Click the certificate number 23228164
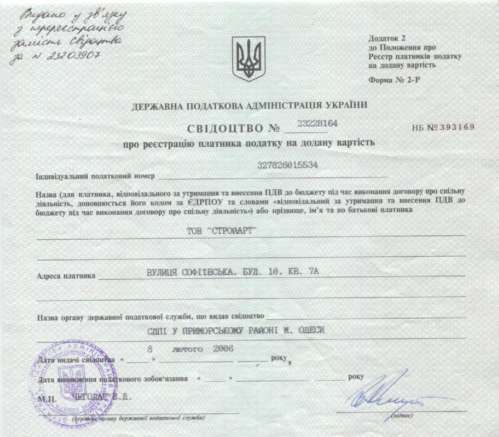tap(317, 124)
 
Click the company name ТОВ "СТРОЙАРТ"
tap(222, 231)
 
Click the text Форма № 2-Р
tap(394, 80)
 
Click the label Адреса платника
tap(66, 276)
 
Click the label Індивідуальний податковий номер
tap(95, 176)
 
